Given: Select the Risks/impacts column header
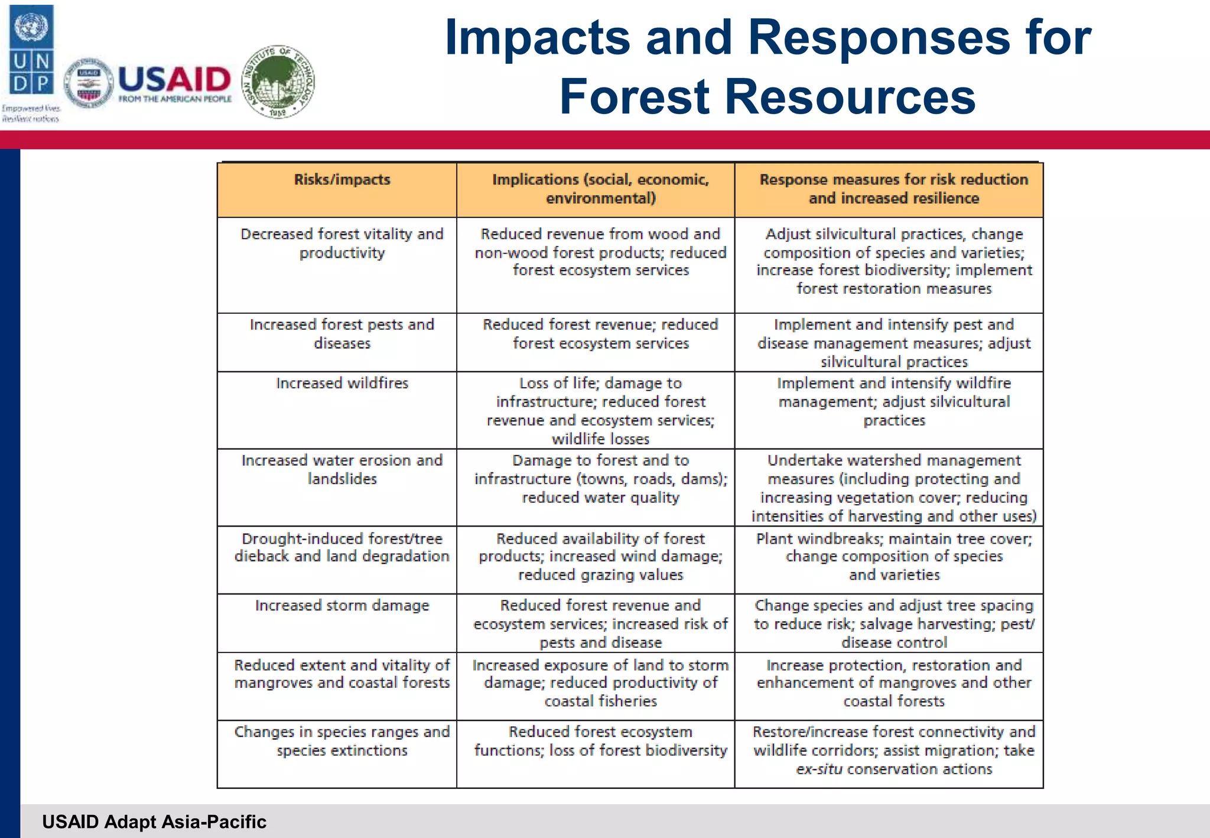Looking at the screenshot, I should tap(342, 180).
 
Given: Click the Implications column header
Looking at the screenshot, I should tap(600, 189).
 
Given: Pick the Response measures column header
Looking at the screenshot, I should tap(893, 189).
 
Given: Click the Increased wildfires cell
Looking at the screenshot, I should tap(342, 384).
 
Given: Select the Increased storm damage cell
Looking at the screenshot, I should tap(342, 606).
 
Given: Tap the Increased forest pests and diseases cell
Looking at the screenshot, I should tap(342, 334).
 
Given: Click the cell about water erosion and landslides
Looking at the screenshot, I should tap(342, 470).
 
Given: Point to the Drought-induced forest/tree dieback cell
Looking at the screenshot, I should tap(342, 547).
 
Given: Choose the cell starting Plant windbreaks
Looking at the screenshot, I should tap(893, 557).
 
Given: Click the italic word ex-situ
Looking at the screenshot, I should tap(819, 769).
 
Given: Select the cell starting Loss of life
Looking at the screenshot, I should tap(600, 411).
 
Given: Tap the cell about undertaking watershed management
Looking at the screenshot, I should tap(893, 488).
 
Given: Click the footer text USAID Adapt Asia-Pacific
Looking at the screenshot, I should tap(154, 822).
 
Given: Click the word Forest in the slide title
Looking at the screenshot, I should tap(635, 97).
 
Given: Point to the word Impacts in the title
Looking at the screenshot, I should tap(537, 37).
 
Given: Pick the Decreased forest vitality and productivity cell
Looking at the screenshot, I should tap(342, 243).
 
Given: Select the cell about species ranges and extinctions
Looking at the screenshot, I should tap(342, 741).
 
